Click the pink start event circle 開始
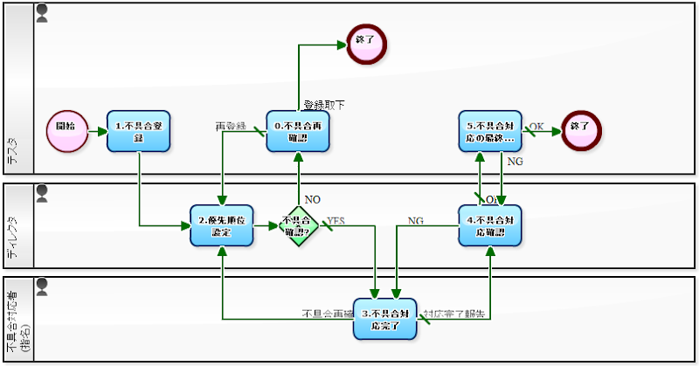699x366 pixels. point(65,127)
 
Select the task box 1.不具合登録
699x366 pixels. point(138,131)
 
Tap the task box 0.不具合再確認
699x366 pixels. point(297,131)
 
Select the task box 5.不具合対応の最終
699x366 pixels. point(490,131)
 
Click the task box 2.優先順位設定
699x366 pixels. point(221,225)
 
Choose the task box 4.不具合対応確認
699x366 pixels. point(490,225)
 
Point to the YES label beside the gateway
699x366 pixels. point(336,221)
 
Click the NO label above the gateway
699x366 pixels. point(312,200)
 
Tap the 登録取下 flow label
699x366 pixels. point(324,105)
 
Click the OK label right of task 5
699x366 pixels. point(536,127)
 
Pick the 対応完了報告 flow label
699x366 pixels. point(453,313)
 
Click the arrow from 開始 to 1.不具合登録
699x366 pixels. point(95,128)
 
